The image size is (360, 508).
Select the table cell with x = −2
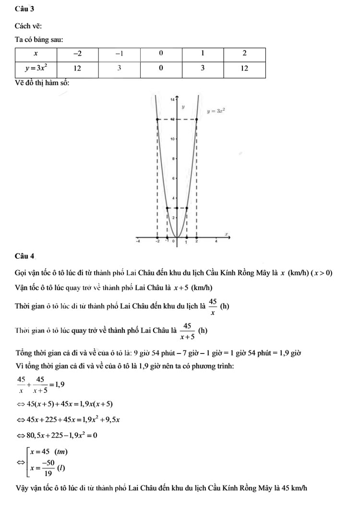pos(77,52)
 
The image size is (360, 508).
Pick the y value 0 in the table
pos(161,68)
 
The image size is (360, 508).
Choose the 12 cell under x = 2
pos(244,68)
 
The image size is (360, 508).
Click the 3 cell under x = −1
pos(119,68)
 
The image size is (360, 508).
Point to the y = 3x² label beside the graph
pos(216,110)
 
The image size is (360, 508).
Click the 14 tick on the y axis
pos(172,99)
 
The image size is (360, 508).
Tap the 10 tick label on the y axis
pos(172,139)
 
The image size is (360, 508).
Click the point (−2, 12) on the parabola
pos(157,119)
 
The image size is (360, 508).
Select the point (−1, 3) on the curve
pos(167,208)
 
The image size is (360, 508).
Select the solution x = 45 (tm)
pos(48,451)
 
